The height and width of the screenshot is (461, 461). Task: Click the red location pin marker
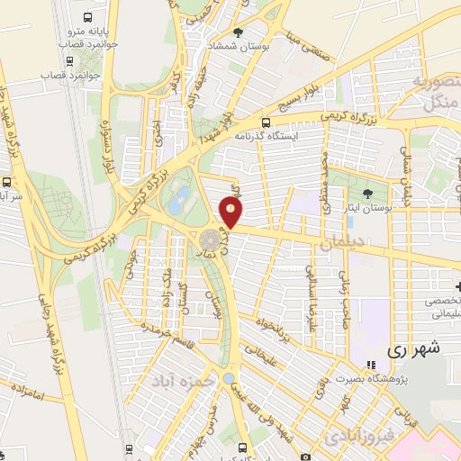point(231,212)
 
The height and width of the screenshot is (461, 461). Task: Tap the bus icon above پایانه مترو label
point(86,18)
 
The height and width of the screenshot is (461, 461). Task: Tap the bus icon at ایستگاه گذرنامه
point(265,122)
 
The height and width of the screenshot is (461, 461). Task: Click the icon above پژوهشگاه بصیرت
point(371,365)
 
